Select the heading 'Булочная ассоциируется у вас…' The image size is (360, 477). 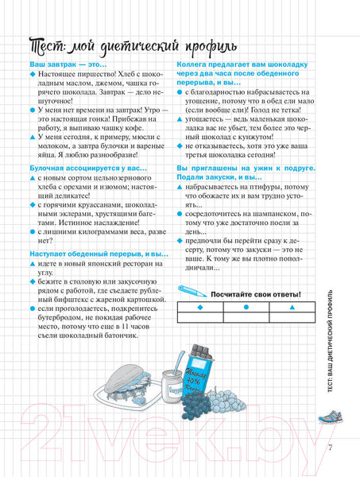[x=83, y=169]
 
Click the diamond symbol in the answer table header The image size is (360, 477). [x=199, y=308]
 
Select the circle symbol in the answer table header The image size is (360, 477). [x=246, y=308]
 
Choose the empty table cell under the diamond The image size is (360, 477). [x=199, y=317]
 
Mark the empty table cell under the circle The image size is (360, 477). [x=246, y=317]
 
